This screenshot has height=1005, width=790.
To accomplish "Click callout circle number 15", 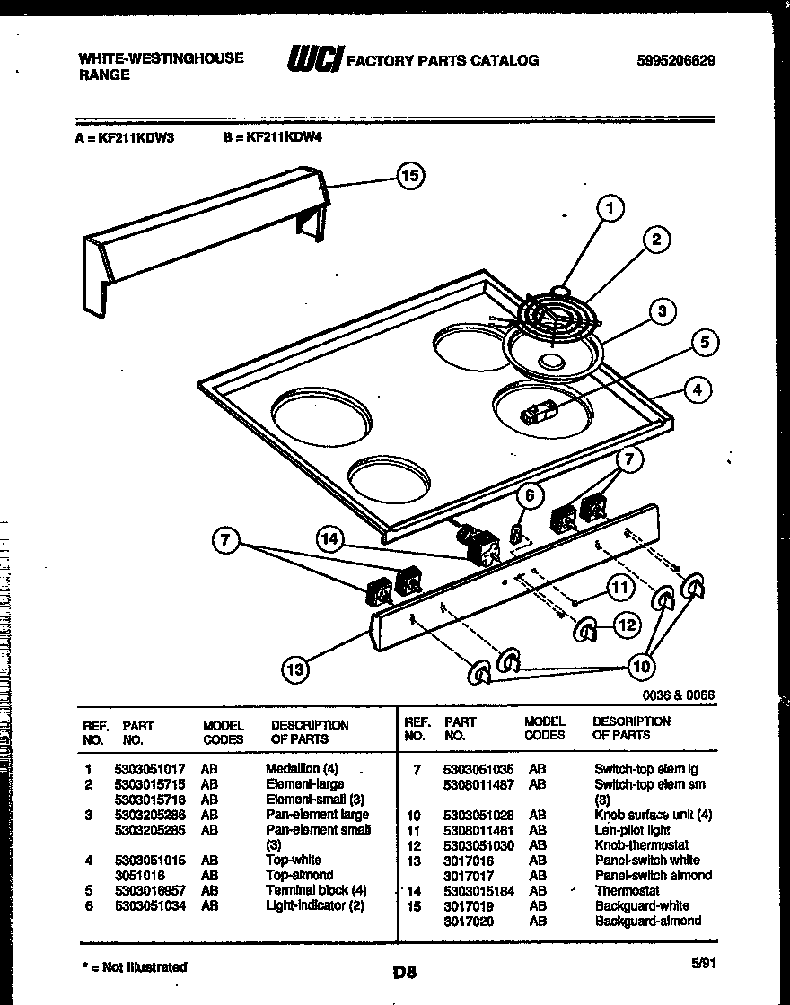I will click(409, 177).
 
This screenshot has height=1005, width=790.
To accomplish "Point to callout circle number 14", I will click(329, 538).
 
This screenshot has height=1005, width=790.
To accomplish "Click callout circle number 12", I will click(627, 626).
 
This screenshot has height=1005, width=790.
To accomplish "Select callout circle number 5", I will click(705, 342).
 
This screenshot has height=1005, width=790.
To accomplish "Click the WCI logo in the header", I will click(314, 59).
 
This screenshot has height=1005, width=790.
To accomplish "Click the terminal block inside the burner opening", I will click(539, 413).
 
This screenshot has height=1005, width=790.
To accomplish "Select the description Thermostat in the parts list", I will click(627, 891).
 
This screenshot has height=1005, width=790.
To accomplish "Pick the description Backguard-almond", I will click(647, 922).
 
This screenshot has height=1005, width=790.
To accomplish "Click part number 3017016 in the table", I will click(468, 861).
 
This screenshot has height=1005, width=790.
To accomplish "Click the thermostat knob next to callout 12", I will click(585, 631).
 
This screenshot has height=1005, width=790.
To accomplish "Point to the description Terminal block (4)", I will click(316, 891).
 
